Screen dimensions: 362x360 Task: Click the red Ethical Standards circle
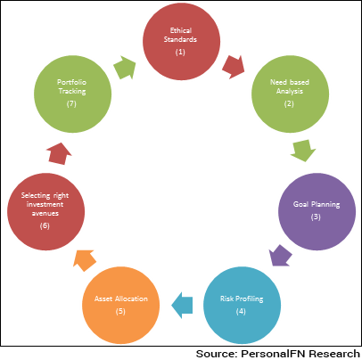click(181, 41)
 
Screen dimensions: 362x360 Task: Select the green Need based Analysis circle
click(290, 94)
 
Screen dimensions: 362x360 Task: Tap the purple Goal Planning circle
click(317, 212)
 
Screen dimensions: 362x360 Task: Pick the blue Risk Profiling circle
click(242, 306)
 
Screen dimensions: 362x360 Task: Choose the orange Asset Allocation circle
click(120, 306)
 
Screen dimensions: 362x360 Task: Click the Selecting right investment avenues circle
click(45, 212)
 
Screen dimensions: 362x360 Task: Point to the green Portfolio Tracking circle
click(72, 94)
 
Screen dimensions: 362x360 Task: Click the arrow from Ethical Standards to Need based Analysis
click(234, 67)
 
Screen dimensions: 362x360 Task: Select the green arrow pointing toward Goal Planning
click(303, 151)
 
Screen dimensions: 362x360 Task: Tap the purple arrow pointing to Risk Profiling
click(280, 256)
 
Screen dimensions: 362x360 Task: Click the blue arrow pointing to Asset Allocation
click(182, 305)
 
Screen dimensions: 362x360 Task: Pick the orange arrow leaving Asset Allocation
click(85, 260)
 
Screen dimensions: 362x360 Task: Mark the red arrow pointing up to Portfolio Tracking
click(59, 153)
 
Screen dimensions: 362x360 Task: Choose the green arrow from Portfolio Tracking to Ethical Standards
click(125, 67)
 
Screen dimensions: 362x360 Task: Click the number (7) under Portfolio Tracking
click(71, 103)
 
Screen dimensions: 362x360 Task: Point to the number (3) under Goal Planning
click(316, 217)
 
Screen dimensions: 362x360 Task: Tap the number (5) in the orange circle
click(120, 311)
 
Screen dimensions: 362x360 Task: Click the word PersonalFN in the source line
click(273, 354)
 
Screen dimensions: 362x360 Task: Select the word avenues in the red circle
click(45, 213)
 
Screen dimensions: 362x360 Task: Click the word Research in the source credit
click(334, 354)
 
